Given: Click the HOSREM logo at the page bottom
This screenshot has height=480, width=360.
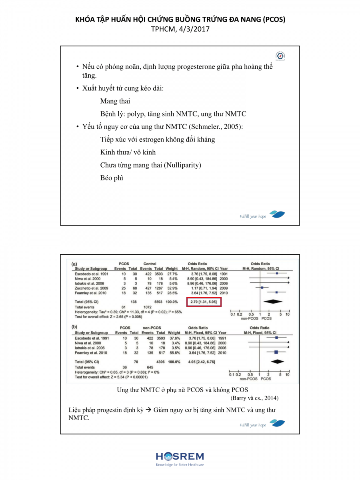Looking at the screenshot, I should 180,459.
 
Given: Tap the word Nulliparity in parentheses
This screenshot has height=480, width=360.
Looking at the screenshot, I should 182,165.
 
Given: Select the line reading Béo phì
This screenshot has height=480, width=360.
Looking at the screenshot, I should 112,178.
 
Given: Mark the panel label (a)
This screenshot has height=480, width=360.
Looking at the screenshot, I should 74,264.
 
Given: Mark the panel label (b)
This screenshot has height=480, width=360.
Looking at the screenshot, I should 74,327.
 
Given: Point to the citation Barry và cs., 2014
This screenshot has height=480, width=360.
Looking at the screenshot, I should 254,398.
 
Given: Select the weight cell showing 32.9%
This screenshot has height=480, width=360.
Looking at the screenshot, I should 172,288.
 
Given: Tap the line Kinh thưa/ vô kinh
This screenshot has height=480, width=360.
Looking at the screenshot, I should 128,152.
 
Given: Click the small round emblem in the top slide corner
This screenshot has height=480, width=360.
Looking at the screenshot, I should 280,56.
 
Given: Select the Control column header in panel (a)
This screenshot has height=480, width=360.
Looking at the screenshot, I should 149,264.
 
